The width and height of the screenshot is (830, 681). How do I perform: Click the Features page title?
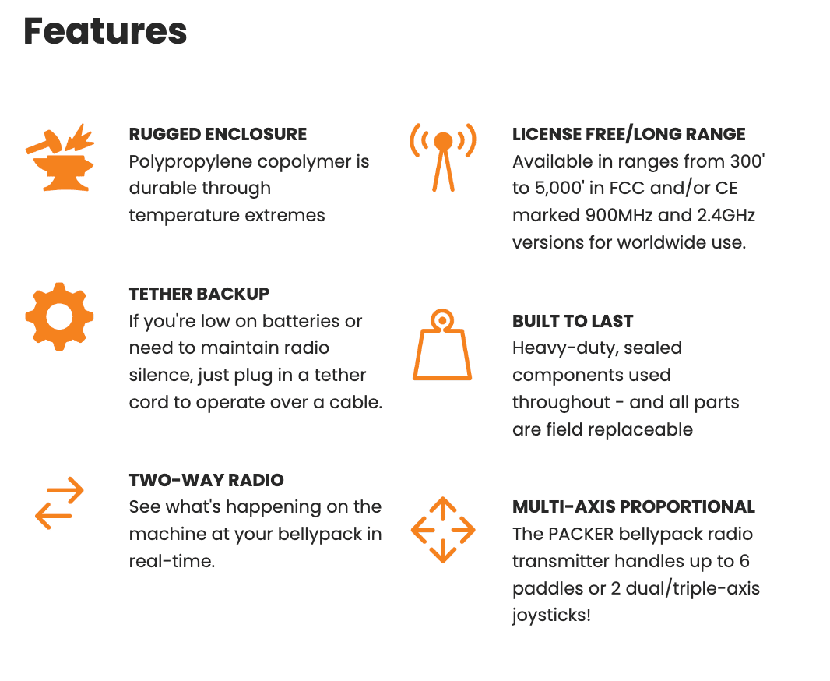pos(105,30)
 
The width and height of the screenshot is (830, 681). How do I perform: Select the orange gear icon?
pos(59,316)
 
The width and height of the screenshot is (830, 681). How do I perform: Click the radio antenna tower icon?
pos(443,157)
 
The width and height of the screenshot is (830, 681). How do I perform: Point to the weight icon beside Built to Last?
pos(442,344)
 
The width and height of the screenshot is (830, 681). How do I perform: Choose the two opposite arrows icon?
pos(59,503)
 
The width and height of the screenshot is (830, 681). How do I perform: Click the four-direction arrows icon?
pos(443,530)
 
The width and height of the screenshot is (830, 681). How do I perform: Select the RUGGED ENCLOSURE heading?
pos(217,135)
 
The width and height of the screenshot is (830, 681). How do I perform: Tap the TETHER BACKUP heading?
pos(199,294)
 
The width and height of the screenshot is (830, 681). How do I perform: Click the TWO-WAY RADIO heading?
pos(206,480)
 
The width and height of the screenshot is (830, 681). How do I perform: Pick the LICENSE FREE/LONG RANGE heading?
pos(629,135)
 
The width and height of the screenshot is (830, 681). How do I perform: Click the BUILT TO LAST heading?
pos(573,322)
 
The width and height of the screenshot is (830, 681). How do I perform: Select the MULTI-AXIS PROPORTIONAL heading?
pos(634,506)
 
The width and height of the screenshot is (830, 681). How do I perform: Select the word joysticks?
pos(551,616)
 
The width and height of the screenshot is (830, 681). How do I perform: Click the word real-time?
pos(172,561)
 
